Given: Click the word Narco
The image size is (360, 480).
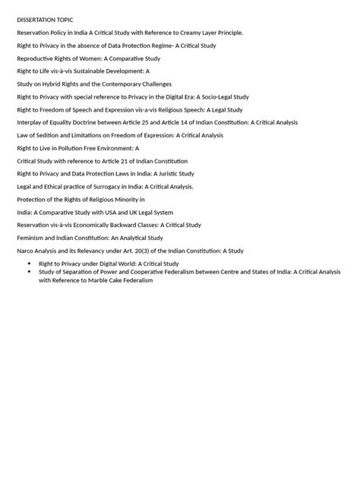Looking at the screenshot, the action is click(x=26, y=251).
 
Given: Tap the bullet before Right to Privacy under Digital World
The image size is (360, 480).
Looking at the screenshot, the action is click(x=30, y=264).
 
